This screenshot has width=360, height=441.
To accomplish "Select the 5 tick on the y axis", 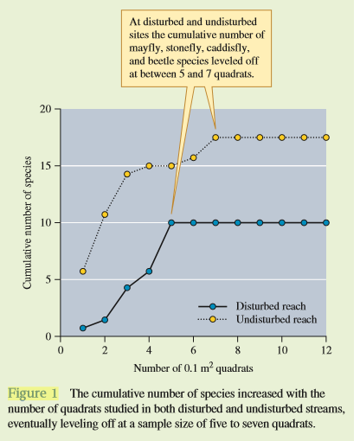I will point(51,279).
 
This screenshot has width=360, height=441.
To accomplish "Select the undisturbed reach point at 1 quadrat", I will point(83,272).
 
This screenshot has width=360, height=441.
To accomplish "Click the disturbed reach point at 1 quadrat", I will point(83,328).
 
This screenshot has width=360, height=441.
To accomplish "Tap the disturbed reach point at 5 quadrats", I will point(171,222).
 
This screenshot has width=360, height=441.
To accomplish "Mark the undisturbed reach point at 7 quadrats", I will point(215,137).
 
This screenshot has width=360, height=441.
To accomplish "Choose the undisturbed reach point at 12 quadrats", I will point(326,137).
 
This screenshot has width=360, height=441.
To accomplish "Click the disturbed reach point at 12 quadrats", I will point(326,222).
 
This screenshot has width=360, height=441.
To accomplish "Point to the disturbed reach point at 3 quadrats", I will point(127,287).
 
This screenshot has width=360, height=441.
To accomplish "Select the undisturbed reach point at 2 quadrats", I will point(105,214).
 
